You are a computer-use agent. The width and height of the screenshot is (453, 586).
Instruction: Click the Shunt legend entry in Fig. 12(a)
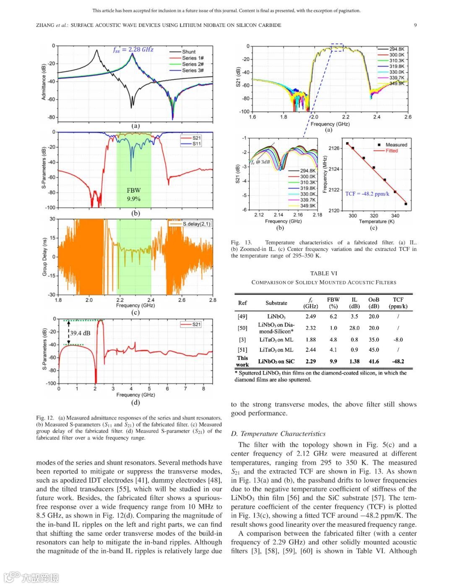point(188,52)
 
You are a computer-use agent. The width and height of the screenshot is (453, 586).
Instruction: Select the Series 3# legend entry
point(193,70)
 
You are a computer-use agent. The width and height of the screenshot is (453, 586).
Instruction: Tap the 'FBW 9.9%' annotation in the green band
point(134,194)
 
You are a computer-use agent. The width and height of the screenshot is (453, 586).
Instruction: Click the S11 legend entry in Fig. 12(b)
point(196,144)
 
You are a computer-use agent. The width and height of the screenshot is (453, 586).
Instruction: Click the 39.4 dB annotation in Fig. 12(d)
point(80,333)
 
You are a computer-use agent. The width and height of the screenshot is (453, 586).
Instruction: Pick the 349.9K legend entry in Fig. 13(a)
point(396,83)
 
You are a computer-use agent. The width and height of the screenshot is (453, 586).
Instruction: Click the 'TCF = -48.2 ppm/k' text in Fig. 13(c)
point(367,194)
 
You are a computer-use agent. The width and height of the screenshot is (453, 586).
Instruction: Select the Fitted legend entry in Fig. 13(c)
point(391,151)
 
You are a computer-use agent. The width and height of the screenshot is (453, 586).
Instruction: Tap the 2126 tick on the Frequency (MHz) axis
point(334,148)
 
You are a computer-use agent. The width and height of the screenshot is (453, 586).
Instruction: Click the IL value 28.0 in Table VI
point(354,328)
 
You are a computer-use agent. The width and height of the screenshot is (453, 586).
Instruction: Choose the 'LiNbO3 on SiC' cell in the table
point(276,361)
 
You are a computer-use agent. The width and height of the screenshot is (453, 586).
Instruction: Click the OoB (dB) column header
point(374,303)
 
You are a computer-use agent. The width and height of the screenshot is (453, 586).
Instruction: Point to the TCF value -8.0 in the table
point(398,340)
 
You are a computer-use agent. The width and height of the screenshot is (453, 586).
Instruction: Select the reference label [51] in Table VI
point(242,350)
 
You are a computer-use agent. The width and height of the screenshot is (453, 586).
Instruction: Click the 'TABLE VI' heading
point(323,273)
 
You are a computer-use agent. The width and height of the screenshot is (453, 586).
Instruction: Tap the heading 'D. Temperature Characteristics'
point(278,434)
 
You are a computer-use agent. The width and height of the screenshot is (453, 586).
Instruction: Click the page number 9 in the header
point(415,25)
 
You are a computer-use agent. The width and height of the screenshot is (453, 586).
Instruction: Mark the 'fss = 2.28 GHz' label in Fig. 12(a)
point(133,49)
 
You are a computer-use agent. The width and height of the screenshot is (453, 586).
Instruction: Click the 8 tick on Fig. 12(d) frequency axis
point(203,388)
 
